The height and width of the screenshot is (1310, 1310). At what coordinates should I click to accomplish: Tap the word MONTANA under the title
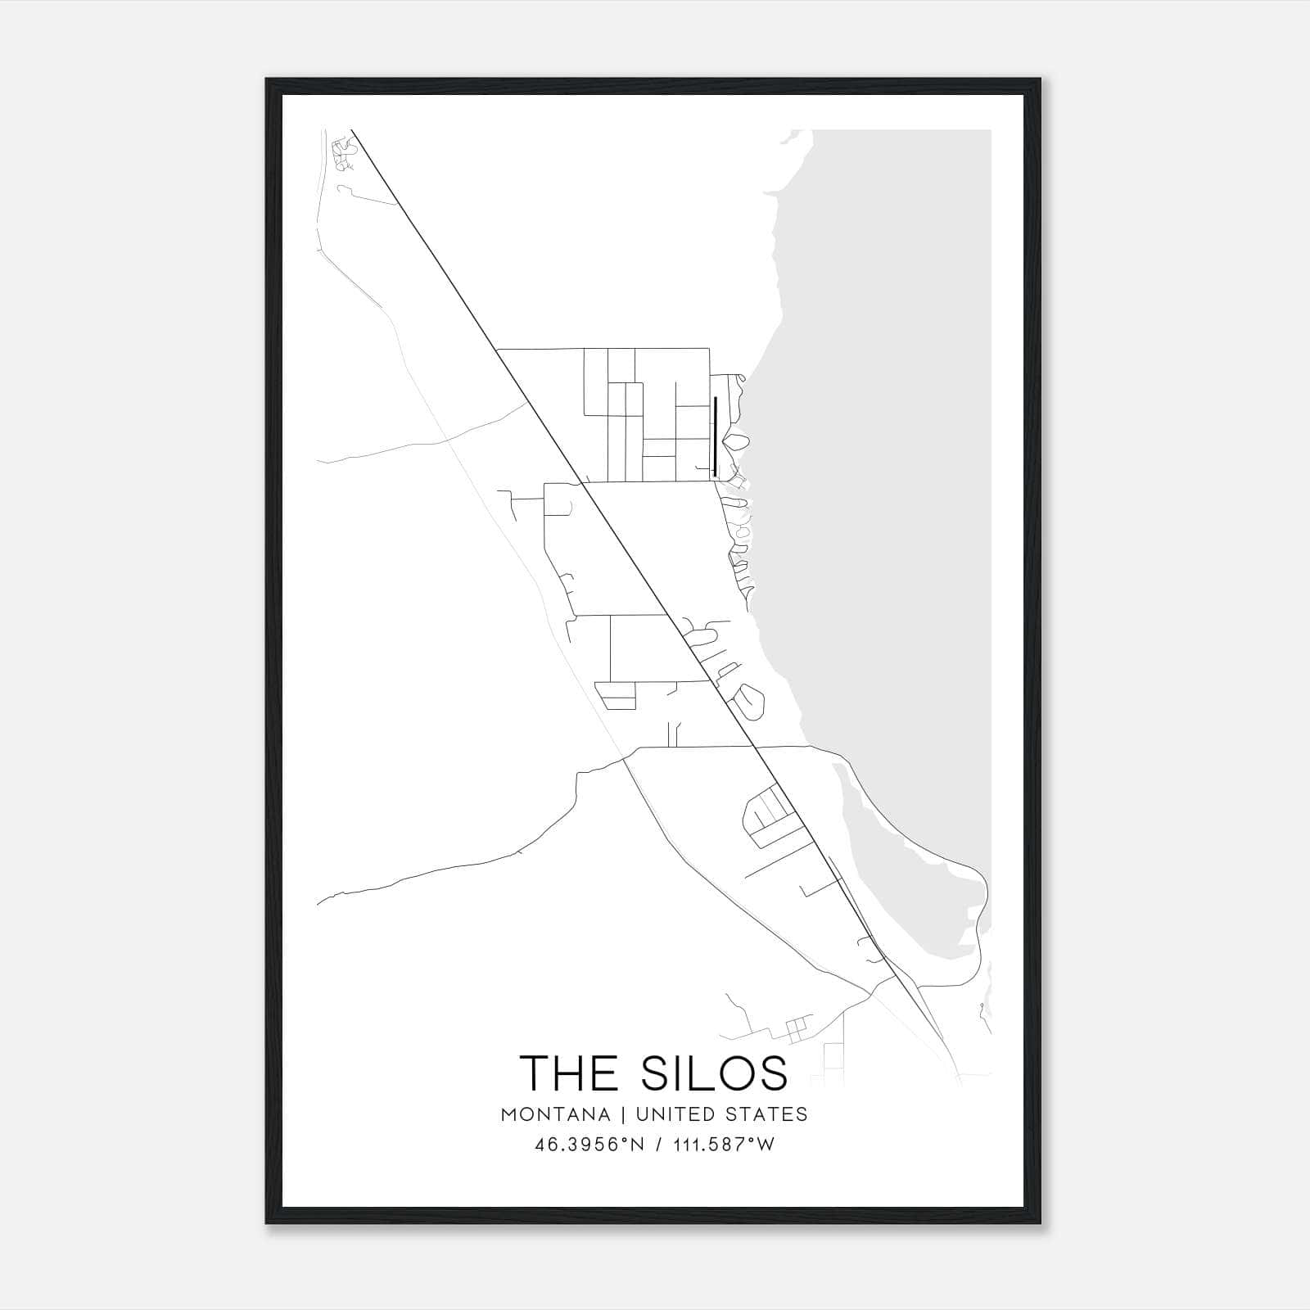pos(555,1114)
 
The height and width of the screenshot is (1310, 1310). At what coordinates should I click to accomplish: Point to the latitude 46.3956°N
pos(589,1145)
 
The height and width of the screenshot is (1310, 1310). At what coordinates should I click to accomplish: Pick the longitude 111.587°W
pos(723,1145)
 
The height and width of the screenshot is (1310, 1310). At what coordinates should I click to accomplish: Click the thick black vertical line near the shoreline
pos(716,436)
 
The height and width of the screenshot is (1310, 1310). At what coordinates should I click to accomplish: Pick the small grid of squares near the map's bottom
pos(795,1029)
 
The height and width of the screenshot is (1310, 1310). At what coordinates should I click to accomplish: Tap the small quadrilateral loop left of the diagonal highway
pos(616,695)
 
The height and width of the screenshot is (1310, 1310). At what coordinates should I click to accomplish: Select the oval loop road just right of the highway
pos(750,700)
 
